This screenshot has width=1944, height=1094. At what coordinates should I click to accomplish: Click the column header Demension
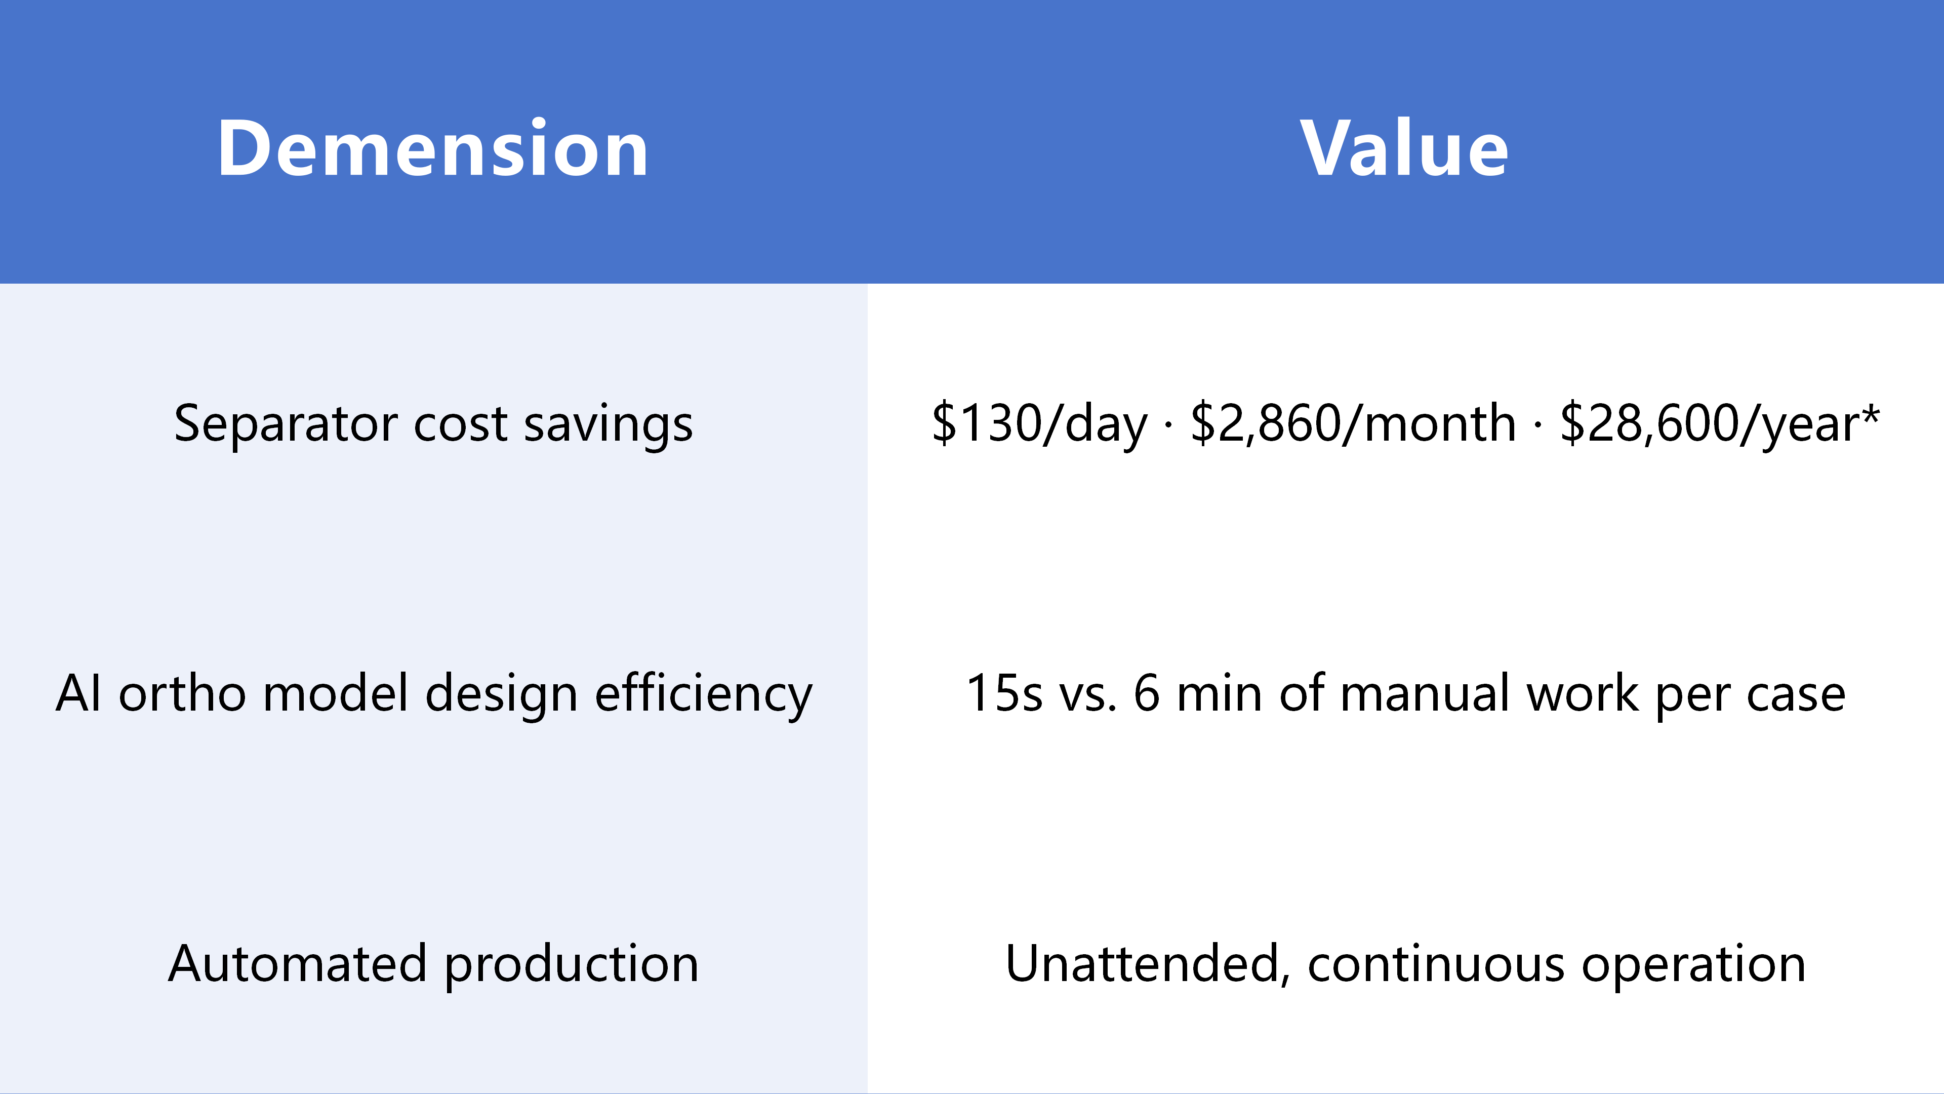click(432, 149)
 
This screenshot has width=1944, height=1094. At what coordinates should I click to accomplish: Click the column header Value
click(1404, 149)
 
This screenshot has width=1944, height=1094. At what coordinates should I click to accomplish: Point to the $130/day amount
click(1039, 423)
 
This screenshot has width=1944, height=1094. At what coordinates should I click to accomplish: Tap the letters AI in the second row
click(78, 693)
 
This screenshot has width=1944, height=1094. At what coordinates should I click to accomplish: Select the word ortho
click(182, 692)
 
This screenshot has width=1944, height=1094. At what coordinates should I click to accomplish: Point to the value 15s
click(1004, 693)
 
